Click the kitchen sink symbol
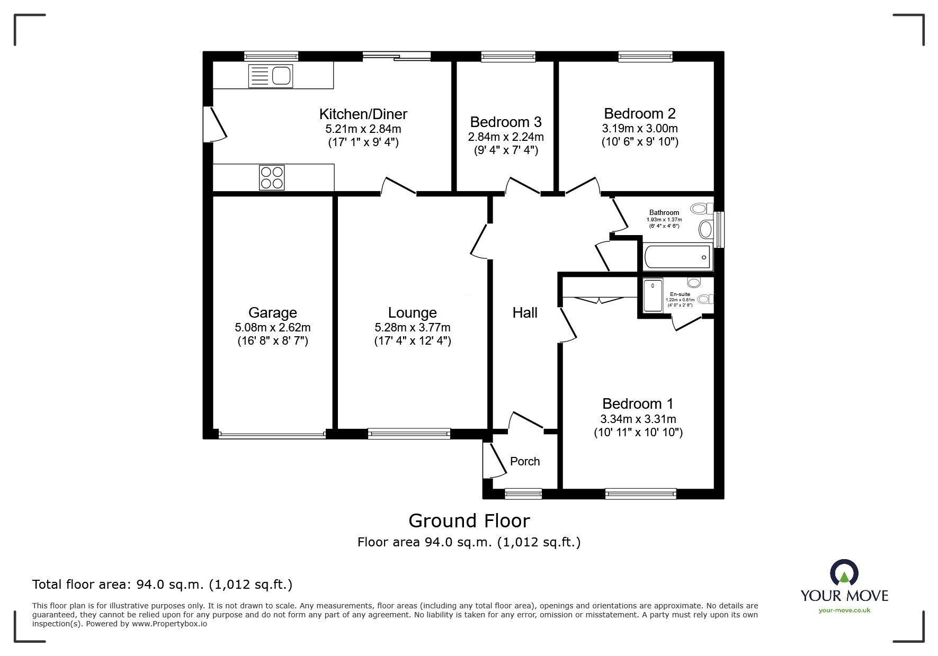270,76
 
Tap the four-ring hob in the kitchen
271,177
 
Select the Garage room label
272,312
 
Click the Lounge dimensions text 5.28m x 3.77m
412,328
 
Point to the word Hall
524,312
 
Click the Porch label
524,461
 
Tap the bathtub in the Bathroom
676,257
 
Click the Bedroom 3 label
505,122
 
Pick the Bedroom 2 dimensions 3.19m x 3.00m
639,128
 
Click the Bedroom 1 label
637,403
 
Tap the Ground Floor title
469,521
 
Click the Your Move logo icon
844,573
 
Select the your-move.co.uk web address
844,610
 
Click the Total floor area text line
162,585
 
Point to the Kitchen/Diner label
363,114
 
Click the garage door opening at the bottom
272,435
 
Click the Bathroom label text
664,212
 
